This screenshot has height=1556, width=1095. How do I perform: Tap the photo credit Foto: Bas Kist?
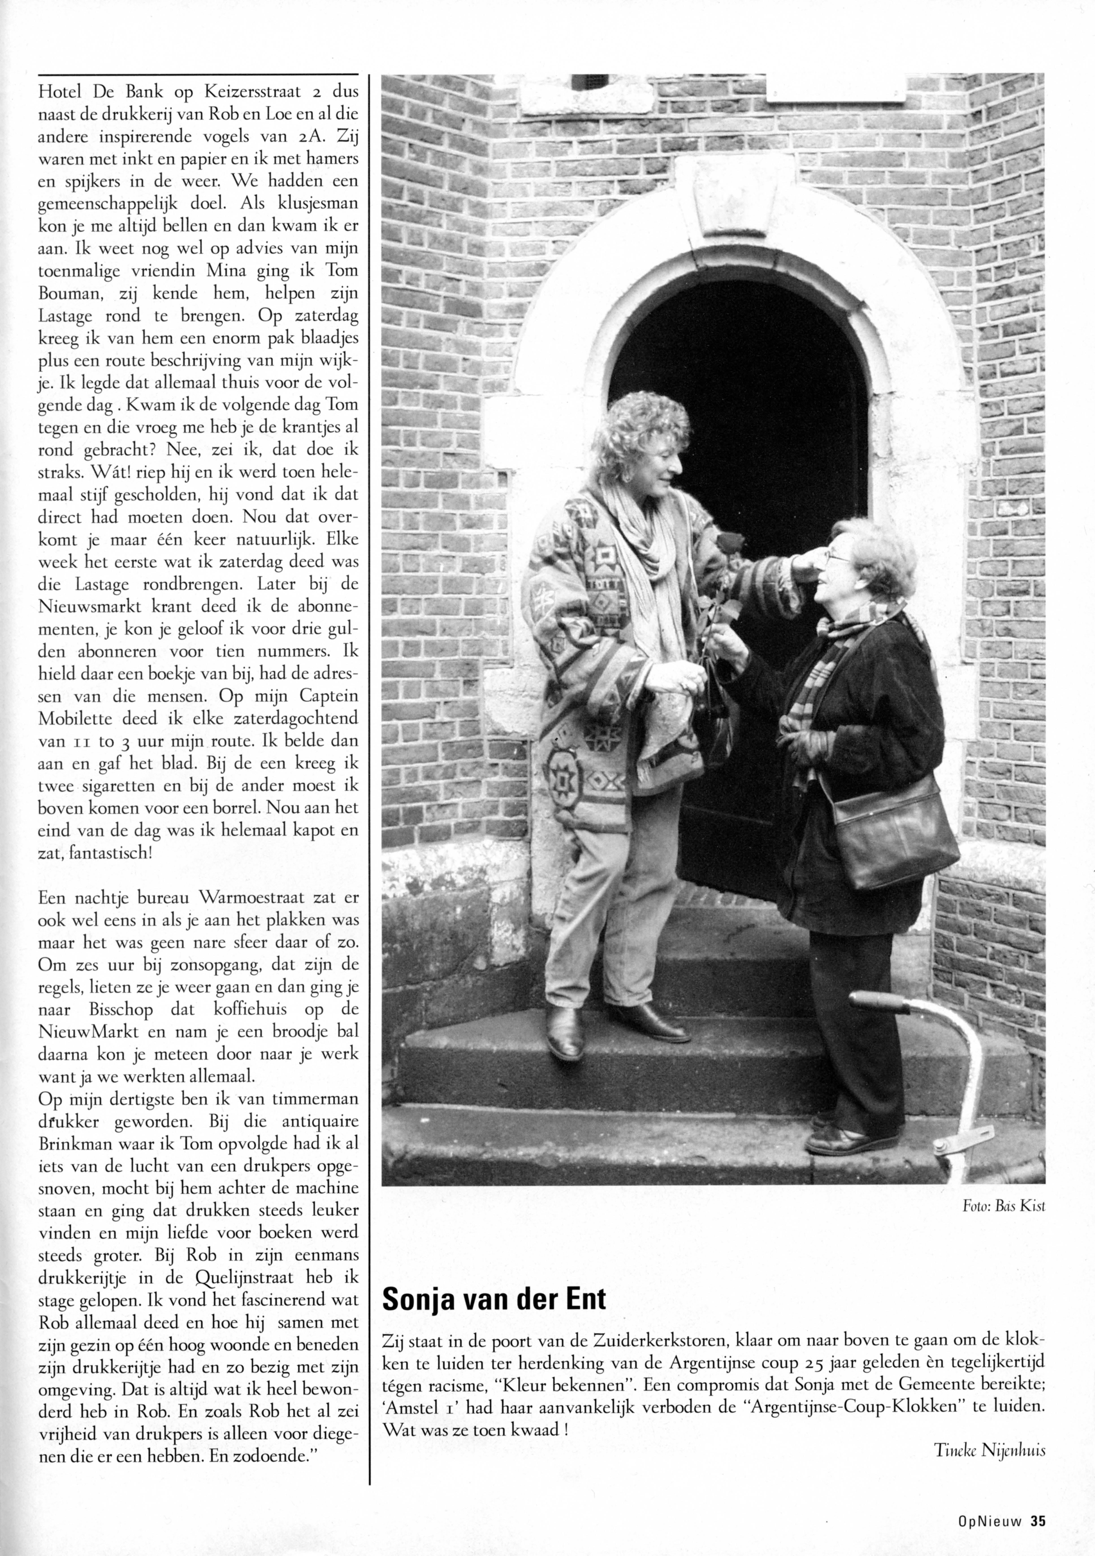[1004, 1206]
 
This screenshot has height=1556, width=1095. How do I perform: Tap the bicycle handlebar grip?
[881, 1002]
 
